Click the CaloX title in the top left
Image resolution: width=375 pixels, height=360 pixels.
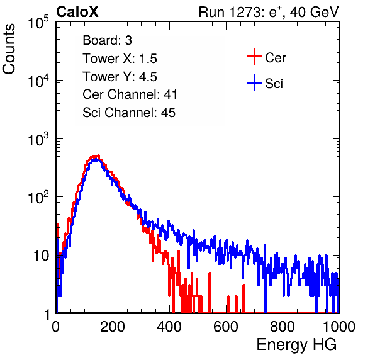77,12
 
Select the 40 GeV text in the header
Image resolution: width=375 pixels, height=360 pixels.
314,12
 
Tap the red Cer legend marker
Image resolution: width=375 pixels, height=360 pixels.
254,57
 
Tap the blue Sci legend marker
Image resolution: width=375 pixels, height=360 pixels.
254,82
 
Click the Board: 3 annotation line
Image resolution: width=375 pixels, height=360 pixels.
107,40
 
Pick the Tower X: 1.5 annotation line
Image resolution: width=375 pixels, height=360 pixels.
120,59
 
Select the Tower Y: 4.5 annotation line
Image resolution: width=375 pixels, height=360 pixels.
120,77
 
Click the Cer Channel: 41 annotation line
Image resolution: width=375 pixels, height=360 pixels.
130,94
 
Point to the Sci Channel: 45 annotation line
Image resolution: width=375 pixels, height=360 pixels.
129,113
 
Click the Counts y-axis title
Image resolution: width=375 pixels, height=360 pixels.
9,49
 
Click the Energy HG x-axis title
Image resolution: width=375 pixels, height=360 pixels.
296,344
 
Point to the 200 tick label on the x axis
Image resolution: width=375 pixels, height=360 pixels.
113,327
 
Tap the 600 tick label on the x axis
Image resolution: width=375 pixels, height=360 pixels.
226,327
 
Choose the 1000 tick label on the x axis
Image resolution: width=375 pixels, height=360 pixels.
339,327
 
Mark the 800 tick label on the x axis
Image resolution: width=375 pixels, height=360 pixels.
283,327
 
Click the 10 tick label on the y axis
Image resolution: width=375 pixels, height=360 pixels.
42,256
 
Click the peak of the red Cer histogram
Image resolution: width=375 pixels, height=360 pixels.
98,155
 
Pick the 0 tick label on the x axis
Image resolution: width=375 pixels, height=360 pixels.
56,327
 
